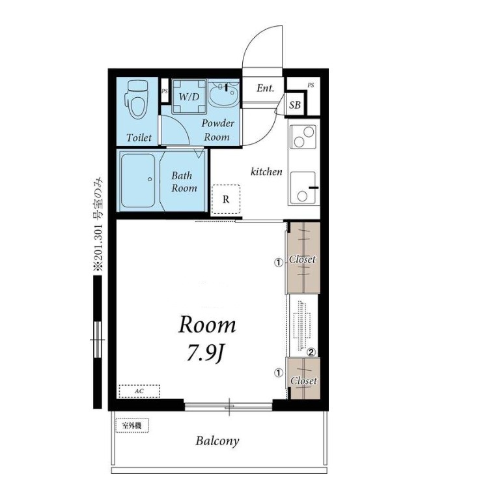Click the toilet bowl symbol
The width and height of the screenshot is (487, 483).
(137, 99)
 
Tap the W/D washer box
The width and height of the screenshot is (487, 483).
(189, 96)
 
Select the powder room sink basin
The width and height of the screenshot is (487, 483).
(223, 93)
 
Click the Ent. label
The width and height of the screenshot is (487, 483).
(265, 89)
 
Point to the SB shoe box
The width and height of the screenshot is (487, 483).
(295, 105)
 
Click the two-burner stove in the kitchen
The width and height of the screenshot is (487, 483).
(303, 136)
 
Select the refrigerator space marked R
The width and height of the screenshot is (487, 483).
(226, 199)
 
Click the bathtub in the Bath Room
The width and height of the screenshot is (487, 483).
(138, 181)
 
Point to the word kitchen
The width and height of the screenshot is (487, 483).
(266, 171)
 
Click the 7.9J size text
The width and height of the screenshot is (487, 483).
(205, 353)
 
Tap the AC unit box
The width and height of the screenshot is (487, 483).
(139, 391)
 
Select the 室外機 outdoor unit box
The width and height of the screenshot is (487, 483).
(132, 426)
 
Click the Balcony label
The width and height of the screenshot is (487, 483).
(217, 441)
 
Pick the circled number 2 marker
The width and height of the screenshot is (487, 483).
(311, 352)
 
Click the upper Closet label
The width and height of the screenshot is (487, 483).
(302, 259)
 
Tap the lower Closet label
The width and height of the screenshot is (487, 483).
(303, 381)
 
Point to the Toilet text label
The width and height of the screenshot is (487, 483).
(139, 138)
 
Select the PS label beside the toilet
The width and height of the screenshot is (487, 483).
(164, 91)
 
